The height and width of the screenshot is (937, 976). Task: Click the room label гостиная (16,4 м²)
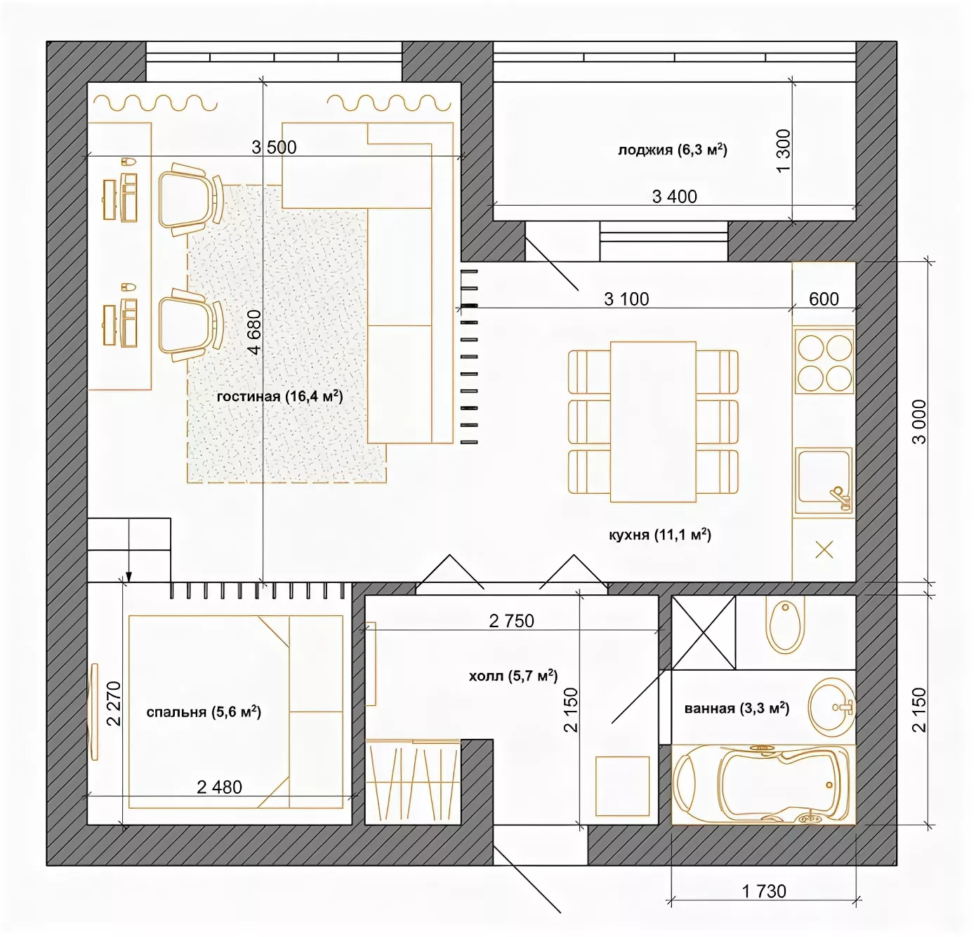[280, 396]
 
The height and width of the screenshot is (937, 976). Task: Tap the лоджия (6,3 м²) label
[672, 150]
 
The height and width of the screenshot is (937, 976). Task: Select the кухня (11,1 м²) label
[659, 535]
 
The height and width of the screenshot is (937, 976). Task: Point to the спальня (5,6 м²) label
[204, 712]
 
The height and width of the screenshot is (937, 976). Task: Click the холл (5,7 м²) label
[513, 676]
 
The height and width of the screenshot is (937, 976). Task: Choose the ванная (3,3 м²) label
[737, 708]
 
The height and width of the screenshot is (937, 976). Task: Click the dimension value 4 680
[254, 332]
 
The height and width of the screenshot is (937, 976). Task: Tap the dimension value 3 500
[274, 147]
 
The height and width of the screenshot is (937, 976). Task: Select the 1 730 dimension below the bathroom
[764, 891]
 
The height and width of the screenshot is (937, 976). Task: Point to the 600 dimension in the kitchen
[824, 299]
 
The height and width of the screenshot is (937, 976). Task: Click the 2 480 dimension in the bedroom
[219, 787]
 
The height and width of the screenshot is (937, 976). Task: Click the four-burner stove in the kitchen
[824, 362]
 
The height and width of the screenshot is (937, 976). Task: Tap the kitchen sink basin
[824, 480]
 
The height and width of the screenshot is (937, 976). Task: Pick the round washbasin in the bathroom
[831, 707]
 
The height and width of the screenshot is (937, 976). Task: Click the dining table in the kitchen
[653, 421]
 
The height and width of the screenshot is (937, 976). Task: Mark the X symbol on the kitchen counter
[824, 550]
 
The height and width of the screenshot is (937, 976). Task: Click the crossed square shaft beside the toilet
[704, 633]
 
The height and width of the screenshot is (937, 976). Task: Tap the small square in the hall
[622, 786]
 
